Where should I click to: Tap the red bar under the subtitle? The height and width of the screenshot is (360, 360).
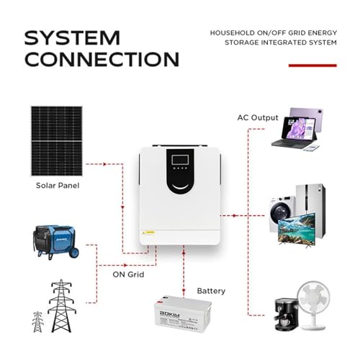coord(312,66)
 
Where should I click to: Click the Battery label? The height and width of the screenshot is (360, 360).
coord(211,291)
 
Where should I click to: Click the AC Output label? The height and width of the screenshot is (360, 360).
coord(258,117)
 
